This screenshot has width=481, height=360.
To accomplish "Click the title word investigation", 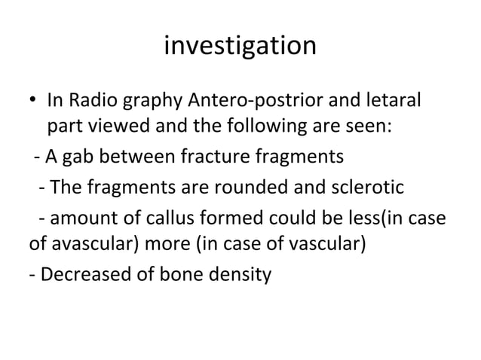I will coord(240,47).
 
